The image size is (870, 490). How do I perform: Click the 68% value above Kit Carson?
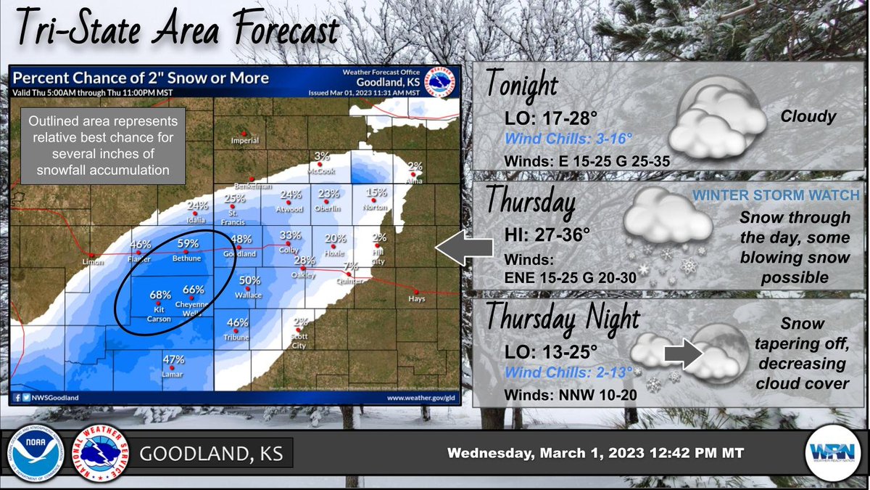(x=160, y=295)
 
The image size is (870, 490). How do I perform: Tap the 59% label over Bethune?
(x=188, y=244)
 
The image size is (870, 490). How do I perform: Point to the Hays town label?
(x=416, y=298)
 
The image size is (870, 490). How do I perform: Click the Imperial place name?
(x=244, y=141)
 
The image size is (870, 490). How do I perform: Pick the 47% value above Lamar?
(x=173, y=359)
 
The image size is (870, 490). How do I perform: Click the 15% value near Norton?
(x=376, y=192)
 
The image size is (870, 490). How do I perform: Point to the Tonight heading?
(x=522, y=86)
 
